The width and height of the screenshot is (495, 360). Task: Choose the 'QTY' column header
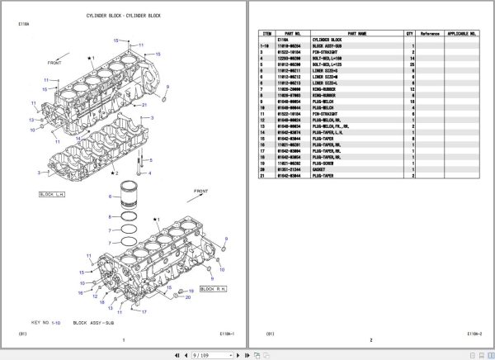click(x=408, y=34)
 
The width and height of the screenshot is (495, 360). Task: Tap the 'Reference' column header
click(x=430, y=34)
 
